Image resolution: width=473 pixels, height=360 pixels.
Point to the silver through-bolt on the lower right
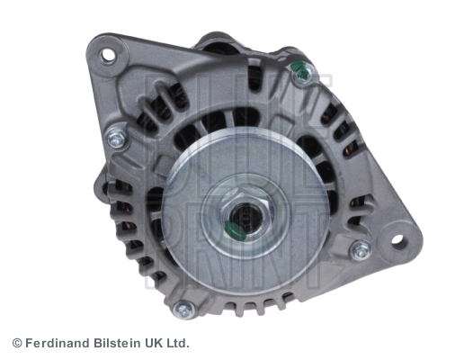coord(360,249)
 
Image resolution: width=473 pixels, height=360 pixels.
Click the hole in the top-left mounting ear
coord(108,54)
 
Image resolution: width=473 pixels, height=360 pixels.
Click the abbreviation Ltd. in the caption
coord(177,343)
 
